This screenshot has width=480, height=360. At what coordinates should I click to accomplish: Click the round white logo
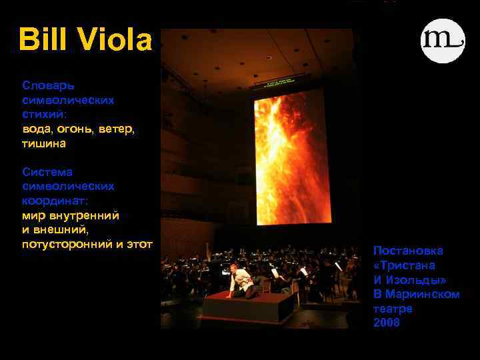443,41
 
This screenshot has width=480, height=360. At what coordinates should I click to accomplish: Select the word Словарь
48,85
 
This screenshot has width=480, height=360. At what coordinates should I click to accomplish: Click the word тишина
44,143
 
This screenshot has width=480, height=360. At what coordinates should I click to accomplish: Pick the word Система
47,172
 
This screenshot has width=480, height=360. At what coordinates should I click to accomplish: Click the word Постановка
408,251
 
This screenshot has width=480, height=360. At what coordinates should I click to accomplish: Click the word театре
393,309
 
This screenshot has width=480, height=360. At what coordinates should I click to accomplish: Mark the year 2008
387,323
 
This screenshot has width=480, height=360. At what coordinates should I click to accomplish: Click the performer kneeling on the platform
241,281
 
